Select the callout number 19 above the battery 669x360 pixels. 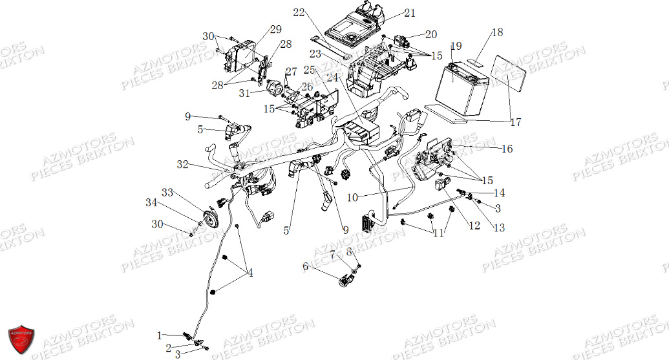pos(456,47)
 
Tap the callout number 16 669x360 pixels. pos(507,149)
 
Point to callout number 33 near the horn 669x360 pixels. pos(167,193)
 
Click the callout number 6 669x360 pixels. pos(306,266)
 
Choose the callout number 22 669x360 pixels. pos(298,12)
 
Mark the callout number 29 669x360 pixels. pos(275,29)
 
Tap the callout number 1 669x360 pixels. pos(159,335)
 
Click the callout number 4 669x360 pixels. pos(250,273)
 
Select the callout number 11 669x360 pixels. pos(439,233)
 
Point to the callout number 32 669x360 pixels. pos(182,165)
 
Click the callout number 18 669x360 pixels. pos(496,32)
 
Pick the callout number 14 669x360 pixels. pos(499,193)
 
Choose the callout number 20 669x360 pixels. pos(431,34)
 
